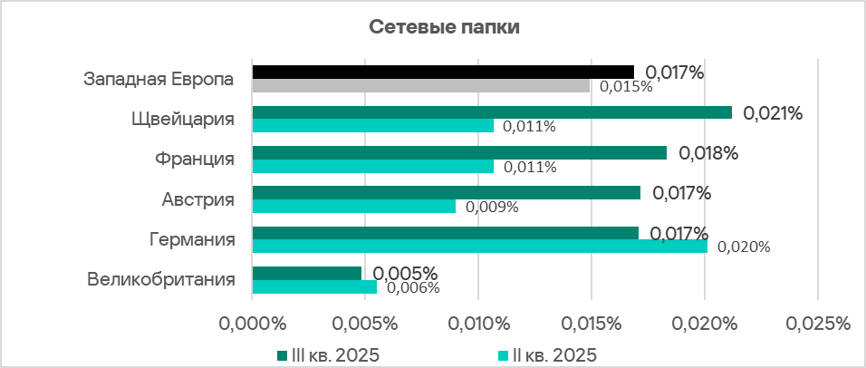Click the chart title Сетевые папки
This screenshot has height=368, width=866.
coord(444,27)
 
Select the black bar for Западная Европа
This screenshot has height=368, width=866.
coord(443,72)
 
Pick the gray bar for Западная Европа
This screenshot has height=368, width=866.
coord(420,86)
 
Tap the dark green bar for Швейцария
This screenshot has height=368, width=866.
coord(492,112)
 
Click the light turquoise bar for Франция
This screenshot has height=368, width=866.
coord(373,167)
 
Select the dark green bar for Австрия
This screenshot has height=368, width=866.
coord(446,192)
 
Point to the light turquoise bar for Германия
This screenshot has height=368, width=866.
coord(479,246)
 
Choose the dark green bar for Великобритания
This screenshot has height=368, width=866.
coord(306,273)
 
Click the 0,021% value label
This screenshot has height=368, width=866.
coord(773,113)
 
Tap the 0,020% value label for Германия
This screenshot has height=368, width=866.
coord(743,247)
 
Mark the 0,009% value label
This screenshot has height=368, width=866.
coord(492,207)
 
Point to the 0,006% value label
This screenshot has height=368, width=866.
coord(413,288)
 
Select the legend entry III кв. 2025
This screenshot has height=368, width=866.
coord(327,353)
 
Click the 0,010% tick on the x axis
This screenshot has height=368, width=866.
coord(477,324)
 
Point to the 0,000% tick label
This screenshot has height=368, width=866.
coord(252,324)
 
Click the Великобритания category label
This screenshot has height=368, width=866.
coord(161,279)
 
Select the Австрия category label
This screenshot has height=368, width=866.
coord(197,199)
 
